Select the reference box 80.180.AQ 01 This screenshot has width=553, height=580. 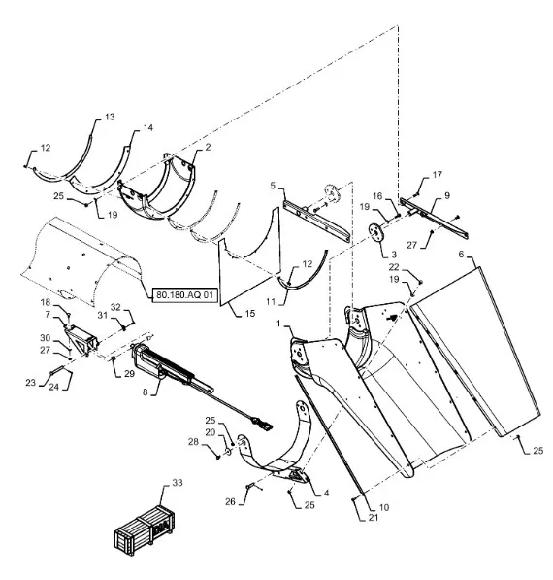(x=184, y=294)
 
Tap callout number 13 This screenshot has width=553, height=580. (x=110, y=117)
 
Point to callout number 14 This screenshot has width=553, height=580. (x=148, y=127)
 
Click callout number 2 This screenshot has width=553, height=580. (x=208, y=147)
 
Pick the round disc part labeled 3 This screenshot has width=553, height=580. (x=376, y=234)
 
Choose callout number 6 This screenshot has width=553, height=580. (x=461, y=255)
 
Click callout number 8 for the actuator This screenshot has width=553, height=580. (x=146, y=392)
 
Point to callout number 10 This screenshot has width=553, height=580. (x=384, y=507)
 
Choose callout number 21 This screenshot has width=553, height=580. (x=374, y=517)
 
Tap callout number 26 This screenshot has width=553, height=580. (x=230, y=501)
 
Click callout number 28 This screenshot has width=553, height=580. (x=193, y=442)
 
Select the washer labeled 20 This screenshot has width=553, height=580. (x=228, y=452)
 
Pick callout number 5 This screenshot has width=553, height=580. (x=273, y=185)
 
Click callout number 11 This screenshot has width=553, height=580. (x=271, y=302)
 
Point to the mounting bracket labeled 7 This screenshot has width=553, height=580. (x=81, y=338)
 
